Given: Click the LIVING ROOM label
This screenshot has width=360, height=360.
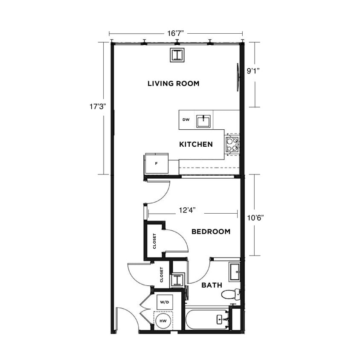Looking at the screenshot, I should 173,84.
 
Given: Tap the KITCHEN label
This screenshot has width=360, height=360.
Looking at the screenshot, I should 196,145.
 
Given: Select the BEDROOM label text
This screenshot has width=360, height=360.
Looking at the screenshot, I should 211,232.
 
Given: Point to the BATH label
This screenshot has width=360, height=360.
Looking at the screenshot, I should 212,285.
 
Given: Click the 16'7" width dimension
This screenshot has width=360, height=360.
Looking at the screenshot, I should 176,33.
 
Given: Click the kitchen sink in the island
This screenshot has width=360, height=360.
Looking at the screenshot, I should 203,121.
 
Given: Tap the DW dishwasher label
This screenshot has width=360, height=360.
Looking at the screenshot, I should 186,120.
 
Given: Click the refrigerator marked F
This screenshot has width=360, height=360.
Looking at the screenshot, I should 157,164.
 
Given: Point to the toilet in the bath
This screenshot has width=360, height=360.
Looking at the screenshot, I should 230,294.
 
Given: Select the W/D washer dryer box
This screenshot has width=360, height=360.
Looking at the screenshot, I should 164,302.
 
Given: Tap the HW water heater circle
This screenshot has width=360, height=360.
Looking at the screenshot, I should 163,321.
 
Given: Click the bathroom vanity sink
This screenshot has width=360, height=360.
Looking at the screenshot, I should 235,272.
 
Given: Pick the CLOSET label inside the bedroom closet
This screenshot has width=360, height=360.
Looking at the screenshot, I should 154,241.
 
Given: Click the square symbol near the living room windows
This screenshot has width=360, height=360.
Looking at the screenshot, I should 177,55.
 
